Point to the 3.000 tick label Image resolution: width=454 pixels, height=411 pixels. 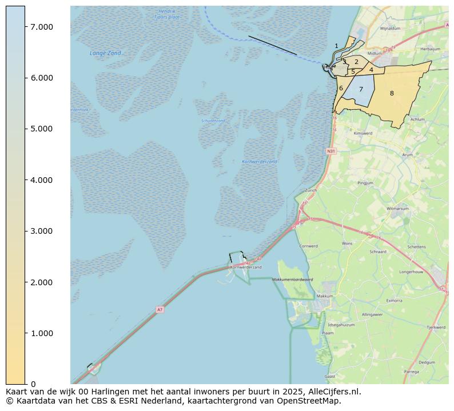(41, 231)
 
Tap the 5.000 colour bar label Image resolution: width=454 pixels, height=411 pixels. (41, 129)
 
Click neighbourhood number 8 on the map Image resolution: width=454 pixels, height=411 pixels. (392, 93)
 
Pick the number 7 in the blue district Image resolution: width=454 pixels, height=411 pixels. (361, 89)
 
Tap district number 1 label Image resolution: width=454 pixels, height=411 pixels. (336, 46)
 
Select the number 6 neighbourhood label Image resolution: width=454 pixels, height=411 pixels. (341, 88)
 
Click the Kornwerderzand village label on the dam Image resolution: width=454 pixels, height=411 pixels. (245, 267)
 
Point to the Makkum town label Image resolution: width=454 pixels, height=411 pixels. (325, 296)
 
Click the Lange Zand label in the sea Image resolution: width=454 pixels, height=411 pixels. (105, 53)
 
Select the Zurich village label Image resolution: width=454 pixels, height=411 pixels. (311, 190)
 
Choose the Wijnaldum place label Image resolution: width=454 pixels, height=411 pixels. (390, 27)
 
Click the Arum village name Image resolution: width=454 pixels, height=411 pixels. (407, 154)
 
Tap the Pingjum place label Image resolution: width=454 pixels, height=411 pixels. (365, 183)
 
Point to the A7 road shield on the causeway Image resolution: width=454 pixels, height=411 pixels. (160, 309)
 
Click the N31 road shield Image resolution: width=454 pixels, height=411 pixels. (331, 151)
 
